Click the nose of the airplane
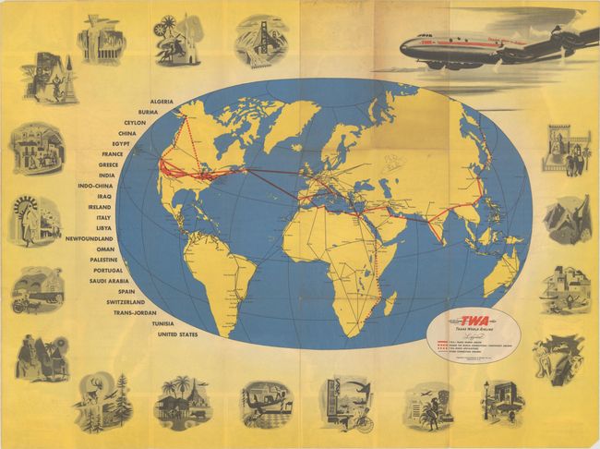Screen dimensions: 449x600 click(403, 44)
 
